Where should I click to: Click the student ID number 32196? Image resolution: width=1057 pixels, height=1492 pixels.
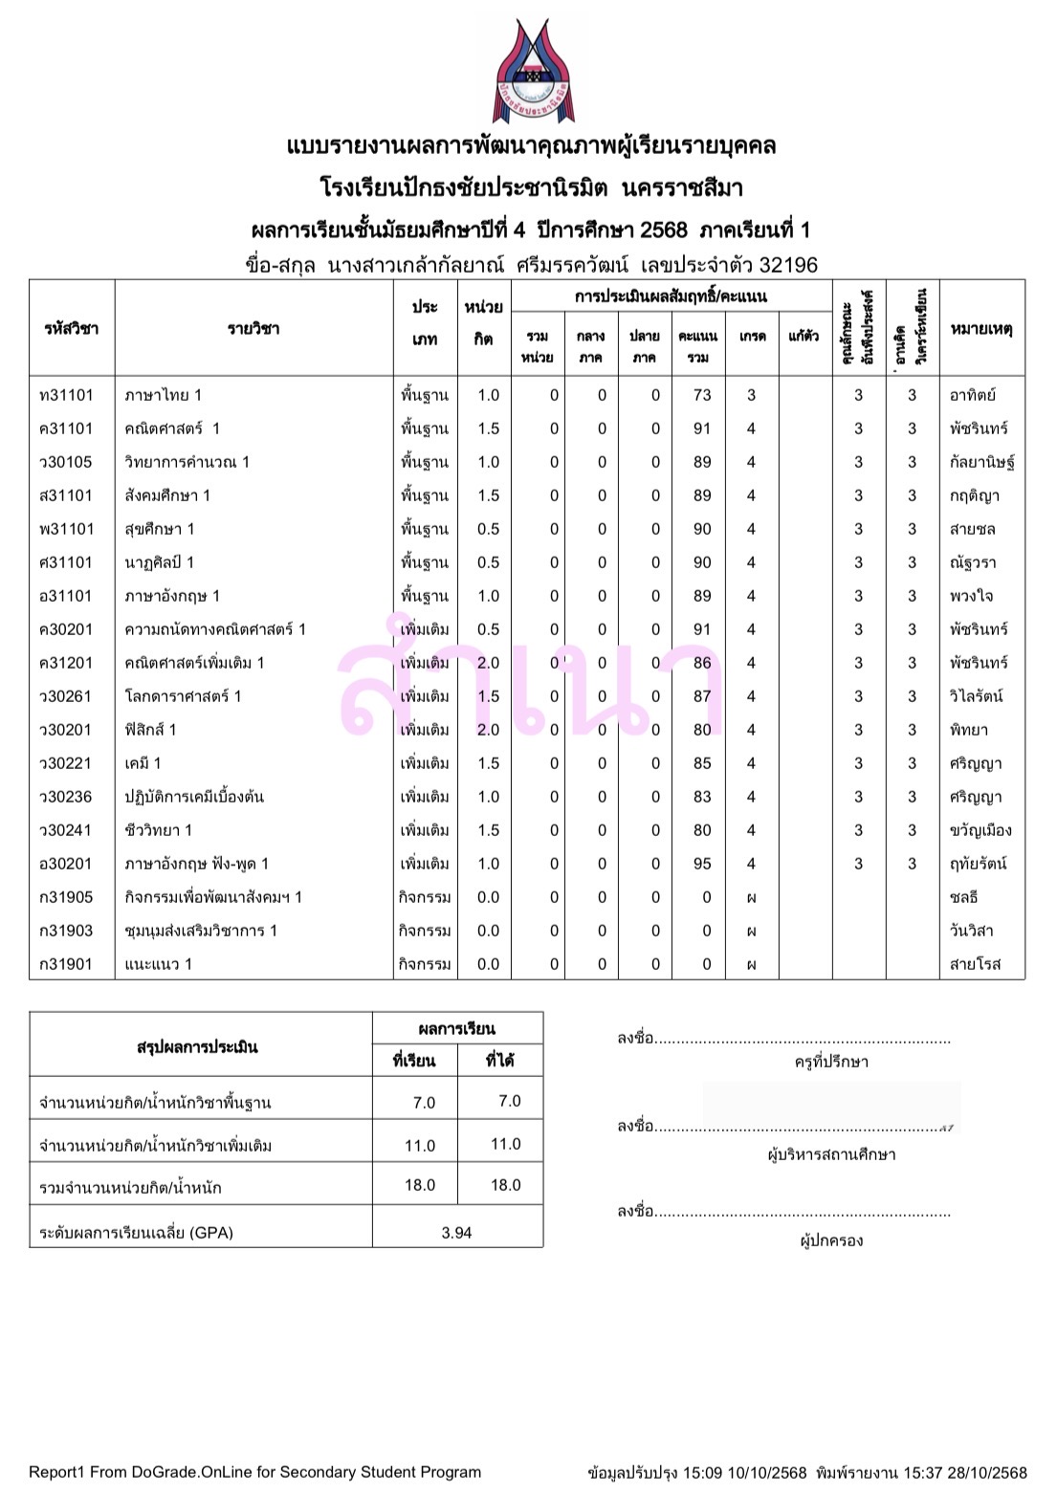788,265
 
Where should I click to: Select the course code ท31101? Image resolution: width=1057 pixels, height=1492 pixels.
67,395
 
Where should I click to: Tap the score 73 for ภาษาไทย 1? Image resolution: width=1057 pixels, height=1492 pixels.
702,395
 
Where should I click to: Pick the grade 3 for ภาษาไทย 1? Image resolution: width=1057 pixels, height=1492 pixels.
751,395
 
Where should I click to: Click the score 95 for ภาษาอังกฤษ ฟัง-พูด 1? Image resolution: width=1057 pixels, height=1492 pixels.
702,864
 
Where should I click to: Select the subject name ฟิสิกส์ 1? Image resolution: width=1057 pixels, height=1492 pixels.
150,730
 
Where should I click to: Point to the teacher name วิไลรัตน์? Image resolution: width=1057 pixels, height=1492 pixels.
976,696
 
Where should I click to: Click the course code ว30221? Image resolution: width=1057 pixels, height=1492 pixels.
66,763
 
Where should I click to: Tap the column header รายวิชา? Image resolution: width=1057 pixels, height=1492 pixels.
253,329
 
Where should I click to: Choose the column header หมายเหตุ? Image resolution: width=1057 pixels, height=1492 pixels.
981,329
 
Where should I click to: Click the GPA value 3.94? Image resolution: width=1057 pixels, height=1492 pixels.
456,1233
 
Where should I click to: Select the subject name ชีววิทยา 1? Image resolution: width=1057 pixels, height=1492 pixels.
158,830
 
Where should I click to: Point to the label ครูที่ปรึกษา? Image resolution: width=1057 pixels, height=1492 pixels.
831,1062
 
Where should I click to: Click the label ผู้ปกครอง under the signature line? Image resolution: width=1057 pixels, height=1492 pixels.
831,1240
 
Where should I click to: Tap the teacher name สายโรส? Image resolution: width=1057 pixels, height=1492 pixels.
975,964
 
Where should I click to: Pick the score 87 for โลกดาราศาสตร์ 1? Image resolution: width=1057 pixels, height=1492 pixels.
702,696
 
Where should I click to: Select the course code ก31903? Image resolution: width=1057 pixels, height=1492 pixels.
66,931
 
